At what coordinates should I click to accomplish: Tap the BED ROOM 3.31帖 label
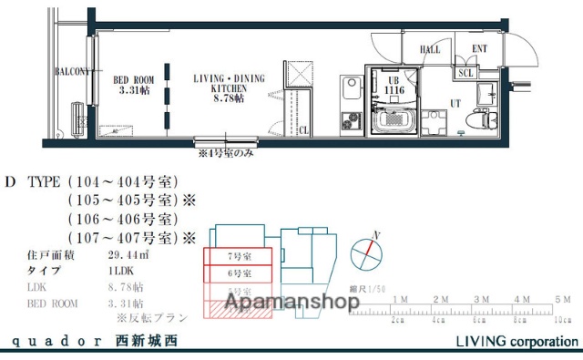133,85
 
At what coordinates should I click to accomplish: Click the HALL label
430,50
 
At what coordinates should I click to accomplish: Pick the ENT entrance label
480,50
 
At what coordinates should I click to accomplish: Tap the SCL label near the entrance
465,74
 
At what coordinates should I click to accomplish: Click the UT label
455,104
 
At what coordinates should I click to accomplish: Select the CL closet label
303,129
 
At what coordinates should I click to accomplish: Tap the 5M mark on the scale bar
565,300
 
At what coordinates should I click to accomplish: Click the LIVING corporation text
516,342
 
